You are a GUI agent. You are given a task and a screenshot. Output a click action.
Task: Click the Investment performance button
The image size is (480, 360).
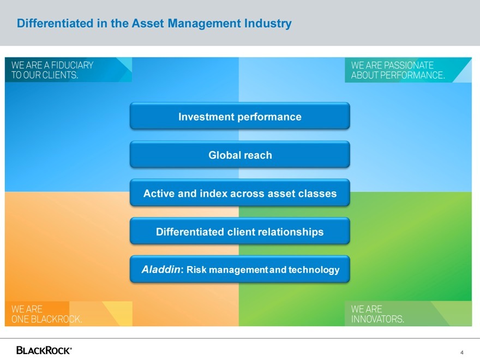point(239,116)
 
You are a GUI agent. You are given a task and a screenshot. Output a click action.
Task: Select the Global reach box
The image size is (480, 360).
point(239,154)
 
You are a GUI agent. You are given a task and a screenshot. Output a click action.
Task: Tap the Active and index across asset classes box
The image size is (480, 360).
point(239,193)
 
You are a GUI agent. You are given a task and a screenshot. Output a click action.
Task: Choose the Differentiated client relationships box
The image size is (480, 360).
point(239,231)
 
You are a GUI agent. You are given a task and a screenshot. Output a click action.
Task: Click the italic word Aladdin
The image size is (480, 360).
point(161,269)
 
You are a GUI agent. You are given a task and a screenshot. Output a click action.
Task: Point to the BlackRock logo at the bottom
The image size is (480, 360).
point(44,350)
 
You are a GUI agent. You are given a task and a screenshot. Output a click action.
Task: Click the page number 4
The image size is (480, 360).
point(462,352)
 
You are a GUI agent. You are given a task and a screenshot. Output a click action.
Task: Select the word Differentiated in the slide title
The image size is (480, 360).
point(55,23)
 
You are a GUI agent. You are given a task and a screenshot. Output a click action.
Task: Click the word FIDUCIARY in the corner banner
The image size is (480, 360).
point(72,65)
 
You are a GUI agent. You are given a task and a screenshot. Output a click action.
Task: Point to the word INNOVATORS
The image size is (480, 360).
point(377,319)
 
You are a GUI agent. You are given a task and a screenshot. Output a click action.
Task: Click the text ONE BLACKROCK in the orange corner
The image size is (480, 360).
point(46,319)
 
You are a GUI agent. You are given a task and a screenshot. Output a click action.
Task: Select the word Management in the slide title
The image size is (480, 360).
point(204,23)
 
